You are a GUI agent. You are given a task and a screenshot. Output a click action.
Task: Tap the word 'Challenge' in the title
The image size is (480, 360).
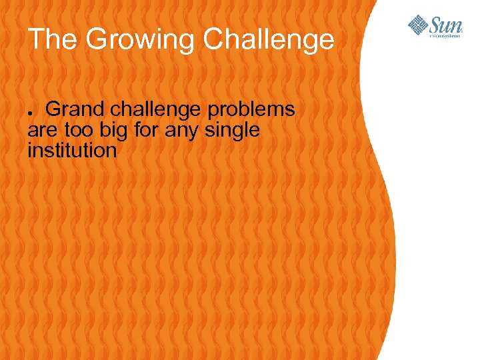(x=269, y=39)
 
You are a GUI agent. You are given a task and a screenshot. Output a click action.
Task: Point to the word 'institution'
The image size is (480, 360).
(x=72, y=151)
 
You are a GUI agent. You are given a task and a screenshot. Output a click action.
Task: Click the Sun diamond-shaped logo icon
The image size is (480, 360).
(x=418, y=25)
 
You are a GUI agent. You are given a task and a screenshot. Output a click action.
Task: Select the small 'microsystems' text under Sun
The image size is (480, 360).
(x=444, y=36)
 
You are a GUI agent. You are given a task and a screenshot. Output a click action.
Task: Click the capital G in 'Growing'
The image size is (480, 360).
(x=97, y=39)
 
